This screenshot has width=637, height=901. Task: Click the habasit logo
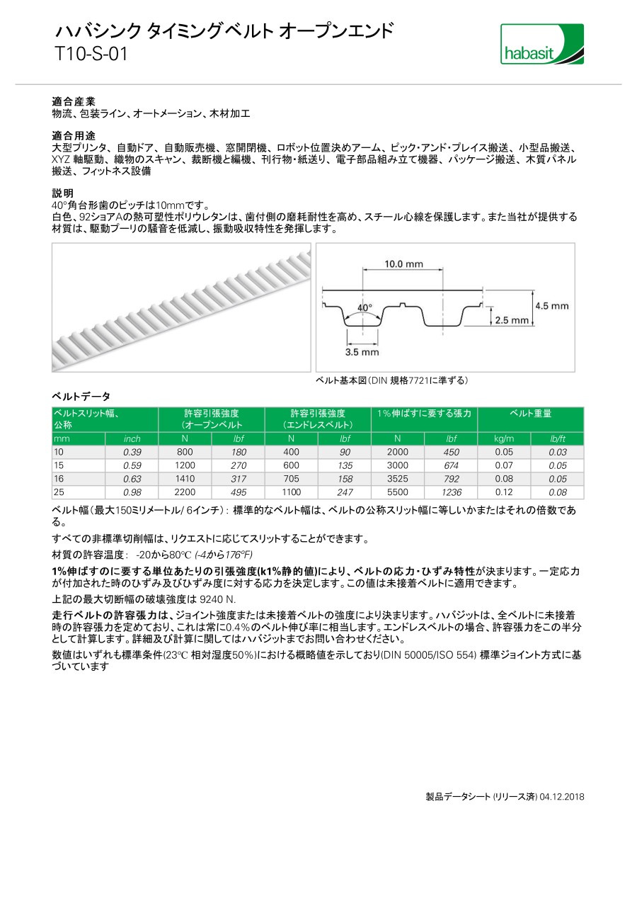click(542, 44)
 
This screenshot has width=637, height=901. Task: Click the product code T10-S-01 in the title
click(91, 54)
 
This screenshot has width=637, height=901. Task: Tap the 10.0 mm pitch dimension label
click(403, 264)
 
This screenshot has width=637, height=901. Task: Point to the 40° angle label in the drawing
click(365, 308)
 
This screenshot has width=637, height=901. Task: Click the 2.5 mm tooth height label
click(512, 320)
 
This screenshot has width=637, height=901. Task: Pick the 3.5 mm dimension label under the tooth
click(362, 351)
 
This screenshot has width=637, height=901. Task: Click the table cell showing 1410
click(185, 479)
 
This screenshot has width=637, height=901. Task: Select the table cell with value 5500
click(397, 492)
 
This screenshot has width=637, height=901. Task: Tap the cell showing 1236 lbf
click(451, 492)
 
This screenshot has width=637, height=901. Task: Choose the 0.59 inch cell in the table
click(132, 465)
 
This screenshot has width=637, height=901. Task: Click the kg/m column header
click(504, 439)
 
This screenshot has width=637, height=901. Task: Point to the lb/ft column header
click(558, 439)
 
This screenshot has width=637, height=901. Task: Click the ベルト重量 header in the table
click(531, 414)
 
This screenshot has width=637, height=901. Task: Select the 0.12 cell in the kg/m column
click(504, 492)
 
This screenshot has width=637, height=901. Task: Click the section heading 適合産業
click(74, 101)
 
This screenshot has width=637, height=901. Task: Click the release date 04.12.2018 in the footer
click(562, 797)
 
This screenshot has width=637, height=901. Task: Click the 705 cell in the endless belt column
click(291, 479)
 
